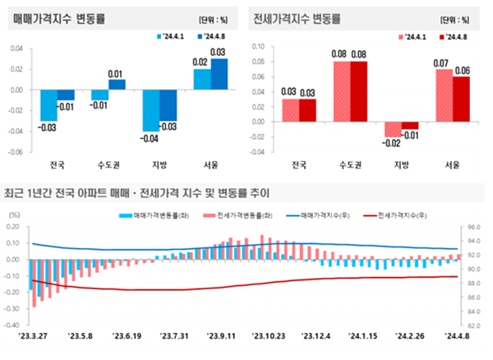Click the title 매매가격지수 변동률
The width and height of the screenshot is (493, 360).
(x=62, y=18)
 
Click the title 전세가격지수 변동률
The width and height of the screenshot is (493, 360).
(x=297, y=18)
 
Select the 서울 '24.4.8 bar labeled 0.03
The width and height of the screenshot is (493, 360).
(x=219, y=75)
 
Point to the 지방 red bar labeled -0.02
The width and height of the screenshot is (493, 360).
(x=393, y=129)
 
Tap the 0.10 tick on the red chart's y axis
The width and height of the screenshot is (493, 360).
(x=256, y=46)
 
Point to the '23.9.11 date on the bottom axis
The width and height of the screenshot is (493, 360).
(x=217, y=336)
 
